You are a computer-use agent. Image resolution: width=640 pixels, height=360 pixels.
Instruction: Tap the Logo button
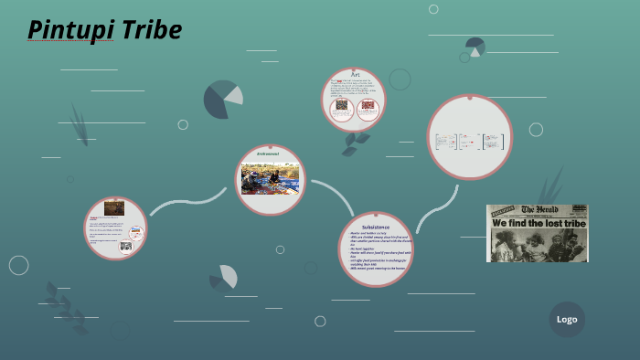pos(567,319)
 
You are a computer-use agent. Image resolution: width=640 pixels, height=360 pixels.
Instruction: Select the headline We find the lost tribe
pos(537,222)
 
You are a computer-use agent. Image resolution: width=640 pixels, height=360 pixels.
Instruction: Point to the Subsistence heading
pos(375,226)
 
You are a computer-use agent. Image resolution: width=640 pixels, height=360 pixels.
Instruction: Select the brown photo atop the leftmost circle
pos(114,208)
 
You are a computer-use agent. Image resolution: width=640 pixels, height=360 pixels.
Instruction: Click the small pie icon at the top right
pos(475,46)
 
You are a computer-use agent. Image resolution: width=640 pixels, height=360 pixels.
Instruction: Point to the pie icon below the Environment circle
pos(224,278)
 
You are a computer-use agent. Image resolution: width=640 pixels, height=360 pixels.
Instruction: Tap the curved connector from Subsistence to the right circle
pos(436,208)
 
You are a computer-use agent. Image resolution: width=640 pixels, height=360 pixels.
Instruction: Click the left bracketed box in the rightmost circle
pos(446,141)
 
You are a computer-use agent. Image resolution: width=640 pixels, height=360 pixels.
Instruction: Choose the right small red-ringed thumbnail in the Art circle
pos(368,107)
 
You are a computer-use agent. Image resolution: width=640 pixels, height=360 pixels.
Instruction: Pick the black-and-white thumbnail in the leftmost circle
pos(126,246)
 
